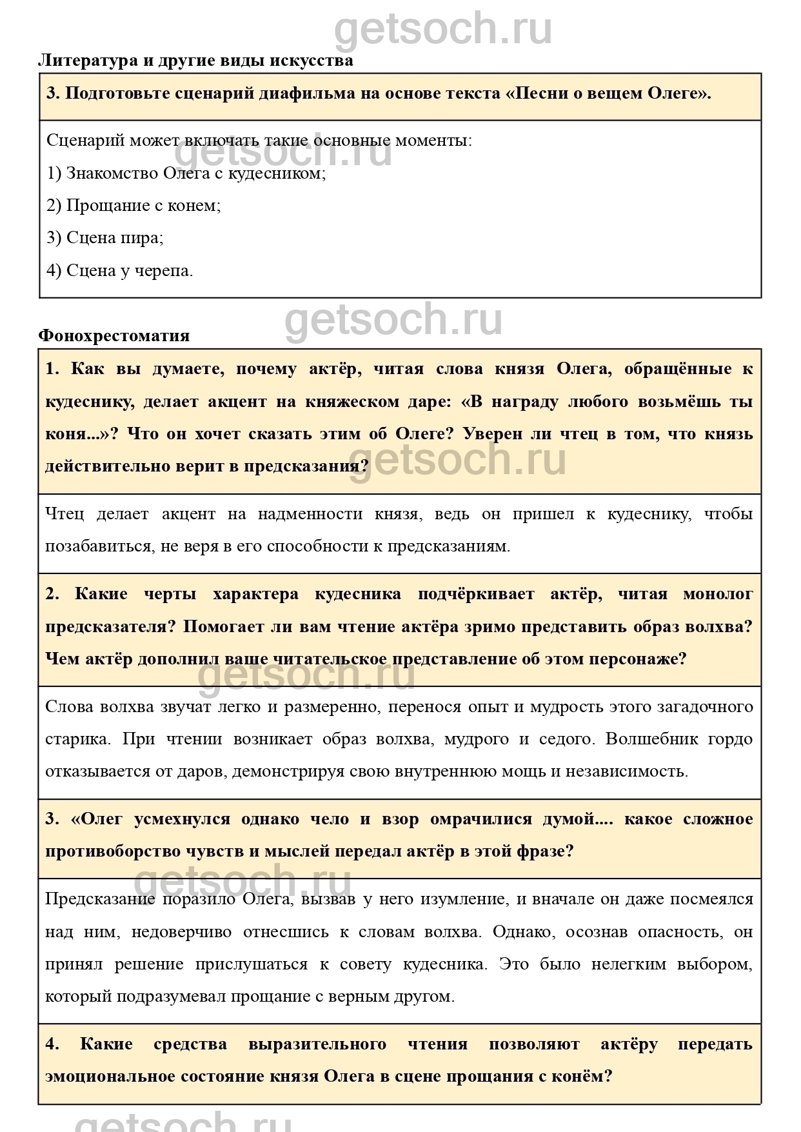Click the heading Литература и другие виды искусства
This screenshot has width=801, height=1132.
pos(195,61)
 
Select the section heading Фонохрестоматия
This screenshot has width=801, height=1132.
pos(114,335)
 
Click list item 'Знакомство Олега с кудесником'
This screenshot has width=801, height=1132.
pos(186,173)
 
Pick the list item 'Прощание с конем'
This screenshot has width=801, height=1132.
pos(133,205)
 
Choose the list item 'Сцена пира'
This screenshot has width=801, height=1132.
pos(105,237)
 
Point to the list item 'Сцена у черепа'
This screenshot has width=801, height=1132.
pos(119,270)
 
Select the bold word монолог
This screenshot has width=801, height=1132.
pos(718,593)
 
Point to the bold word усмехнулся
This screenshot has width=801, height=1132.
pos(182,819)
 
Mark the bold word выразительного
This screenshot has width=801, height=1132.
pos(317,1044)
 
